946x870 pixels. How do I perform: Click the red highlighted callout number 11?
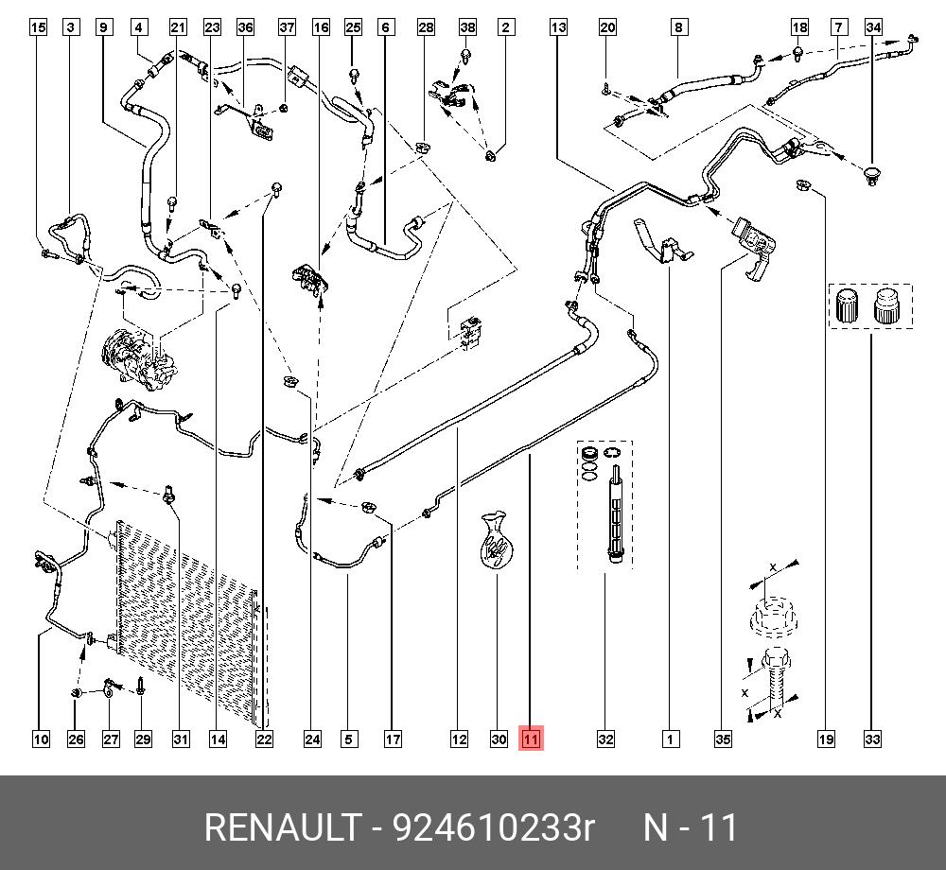(x=531, y=739)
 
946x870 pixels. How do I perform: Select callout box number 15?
(x=38, y=27)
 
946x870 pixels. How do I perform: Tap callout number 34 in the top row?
(x=874, y=27)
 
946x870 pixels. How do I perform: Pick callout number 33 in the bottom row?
(x=872, y=739)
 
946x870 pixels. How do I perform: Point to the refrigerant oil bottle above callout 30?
(x=494, y=542)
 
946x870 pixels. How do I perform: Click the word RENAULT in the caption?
(x=280, y=828)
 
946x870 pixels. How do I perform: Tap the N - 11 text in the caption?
(x=690, y=828)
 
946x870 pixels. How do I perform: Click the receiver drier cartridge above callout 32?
(x=614, y=520)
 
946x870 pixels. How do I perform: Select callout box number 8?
(x=678, y=27)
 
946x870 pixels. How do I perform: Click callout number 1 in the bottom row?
(x=670, y=739)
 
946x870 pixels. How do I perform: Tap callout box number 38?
(x=467, y=27)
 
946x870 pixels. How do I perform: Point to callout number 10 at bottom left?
(x=41, y=739)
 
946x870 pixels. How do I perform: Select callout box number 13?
(x=558, y=27)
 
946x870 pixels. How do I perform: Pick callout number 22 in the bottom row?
(x=264, y=739)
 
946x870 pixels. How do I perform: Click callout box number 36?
(x=246, y=27)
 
